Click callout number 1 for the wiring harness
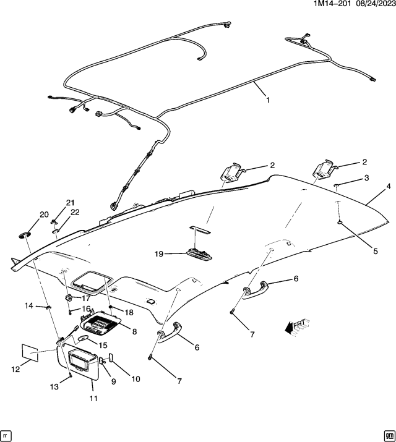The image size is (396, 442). (x=268, y=100)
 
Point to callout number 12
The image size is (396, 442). (x=16, y=369)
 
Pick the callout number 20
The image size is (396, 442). (x=44, y=215)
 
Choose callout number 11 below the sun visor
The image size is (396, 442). (x=93, y=399)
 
